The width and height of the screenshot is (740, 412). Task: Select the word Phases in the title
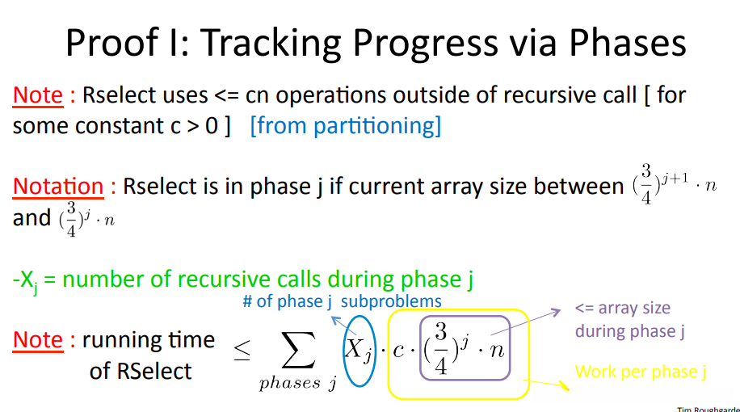(x=627, y=43)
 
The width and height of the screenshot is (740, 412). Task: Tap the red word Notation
(x=58, y=187)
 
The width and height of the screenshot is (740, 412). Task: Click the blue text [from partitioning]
(x=346, y=126)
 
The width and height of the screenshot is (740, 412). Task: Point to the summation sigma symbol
(x=298, y=350)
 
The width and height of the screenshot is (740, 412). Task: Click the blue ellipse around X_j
(x=343, y=351)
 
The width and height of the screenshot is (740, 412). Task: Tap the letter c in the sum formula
(x=398, y=350)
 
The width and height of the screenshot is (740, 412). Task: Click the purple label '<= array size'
(x=623, y=308)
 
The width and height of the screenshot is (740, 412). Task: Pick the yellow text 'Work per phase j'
(x=641, y=372)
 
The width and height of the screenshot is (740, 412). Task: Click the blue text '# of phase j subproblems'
(x=343, y=301)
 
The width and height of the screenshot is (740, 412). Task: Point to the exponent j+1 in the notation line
(x=675, y=179)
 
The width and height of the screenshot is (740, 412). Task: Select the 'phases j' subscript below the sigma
(x=298, y=383)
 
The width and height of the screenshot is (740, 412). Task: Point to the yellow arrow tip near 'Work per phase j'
(x=569, y=390)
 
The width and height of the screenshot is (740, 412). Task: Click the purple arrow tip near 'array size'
(x=560, y=310)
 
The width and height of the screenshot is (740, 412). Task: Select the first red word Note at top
(x=38, y=95)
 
